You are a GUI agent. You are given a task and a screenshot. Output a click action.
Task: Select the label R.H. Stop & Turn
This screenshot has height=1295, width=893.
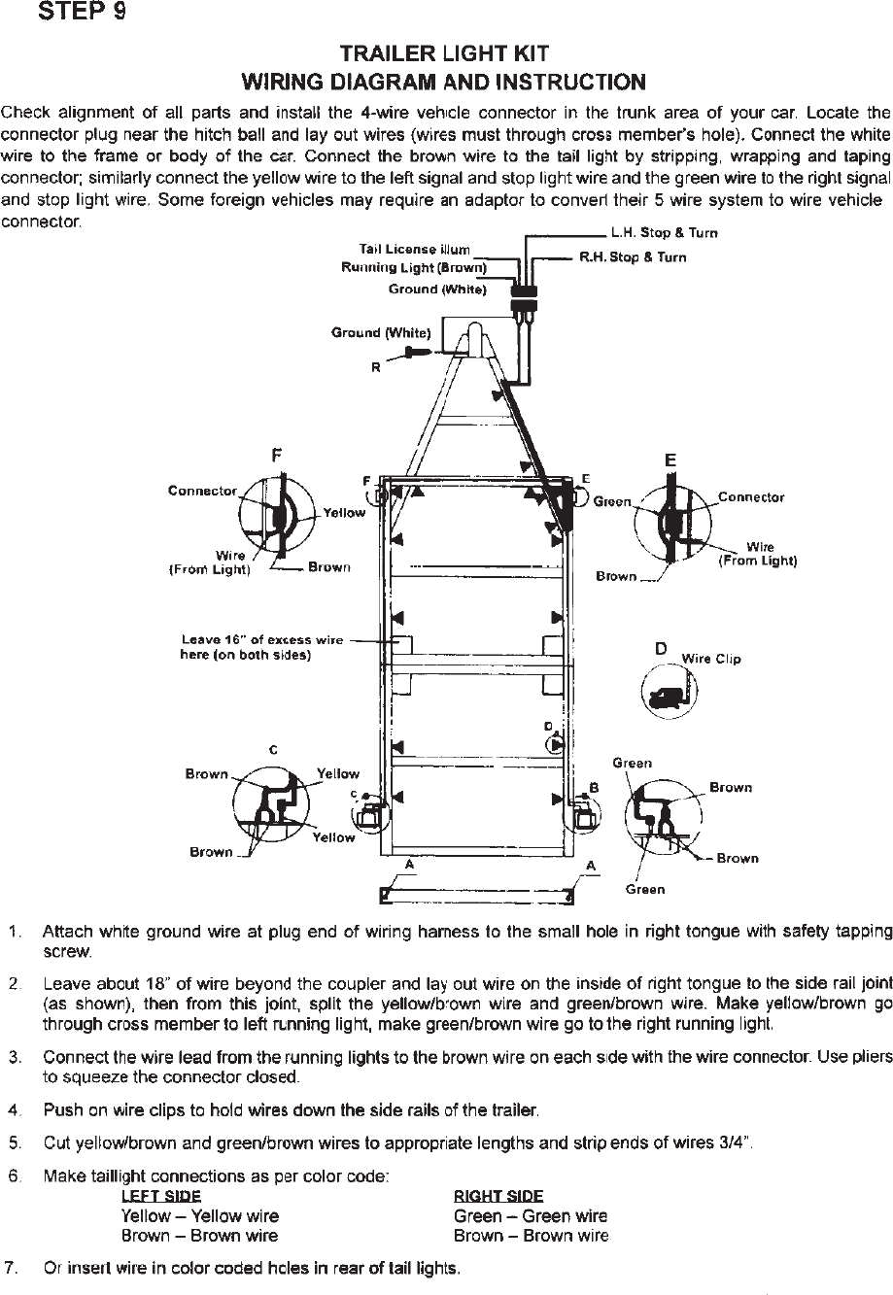pos(633,257)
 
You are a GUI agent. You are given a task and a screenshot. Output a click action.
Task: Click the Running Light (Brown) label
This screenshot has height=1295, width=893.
pos(414,267)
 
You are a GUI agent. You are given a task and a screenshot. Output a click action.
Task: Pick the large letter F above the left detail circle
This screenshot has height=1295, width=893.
pos(278,454)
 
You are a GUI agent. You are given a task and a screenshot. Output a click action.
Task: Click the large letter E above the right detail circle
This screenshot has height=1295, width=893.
pos(670,460)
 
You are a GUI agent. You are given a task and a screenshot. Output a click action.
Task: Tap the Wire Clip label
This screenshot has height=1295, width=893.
pos(711,659)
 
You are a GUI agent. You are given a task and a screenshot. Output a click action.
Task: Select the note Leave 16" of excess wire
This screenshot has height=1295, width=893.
pos(262,640)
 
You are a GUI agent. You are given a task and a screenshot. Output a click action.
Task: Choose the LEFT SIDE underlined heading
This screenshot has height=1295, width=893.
pos(161,1196)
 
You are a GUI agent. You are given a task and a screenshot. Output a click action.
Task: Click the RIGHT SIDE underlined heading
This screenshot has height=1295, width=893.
pos(498,1196)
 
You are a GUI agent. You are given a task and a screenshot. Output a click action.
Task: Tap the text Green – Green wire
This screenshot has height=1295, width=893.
pos(531,1216)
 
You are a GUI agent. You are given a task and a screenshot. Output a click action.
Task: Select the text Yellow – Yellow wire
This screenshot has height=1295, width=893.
pos(199,1216)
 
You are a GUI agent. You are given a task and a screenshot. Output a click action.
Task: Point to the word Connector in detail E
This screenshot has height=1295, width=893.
pos(750,497)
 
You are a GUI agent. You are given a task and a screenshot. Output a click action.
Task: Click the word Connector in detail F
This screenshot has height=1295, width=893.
pos(202,491)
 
